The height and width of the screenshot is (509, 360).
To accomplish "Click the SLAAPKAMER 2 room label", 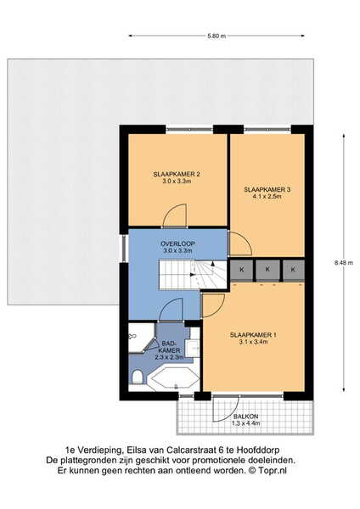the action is click(177, 174).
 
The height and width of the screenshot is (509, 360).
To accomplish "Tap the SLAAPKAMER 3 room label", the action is click(267, 189).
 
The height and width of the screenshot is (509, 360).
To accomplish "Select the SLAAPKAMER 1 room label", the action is click(253, 335).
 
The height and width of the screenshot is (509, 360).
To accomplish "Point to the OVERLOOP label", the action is click(177, 243).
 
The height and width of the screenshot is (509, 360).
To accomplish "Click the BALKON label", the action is click(245, 417).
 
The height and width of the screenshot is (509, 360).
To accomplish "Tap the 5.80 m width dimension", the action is click(217, 36).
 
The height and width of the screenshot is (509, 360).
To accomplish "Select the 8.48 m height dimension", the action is click(343, 263).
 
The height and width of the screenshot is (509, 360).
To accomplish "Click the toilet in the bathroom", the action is click(138, 377).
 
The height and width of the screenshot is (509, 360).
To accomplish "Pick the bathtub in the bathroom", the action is click(173, 378).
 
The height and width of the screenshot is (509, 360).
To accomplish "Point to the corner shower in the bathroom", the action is click(141, 338).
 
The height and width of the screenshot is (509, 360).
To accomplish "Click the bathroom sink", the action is click(193, 348).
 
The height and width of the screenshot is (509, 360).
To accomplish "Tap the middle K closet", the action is click(267, 270).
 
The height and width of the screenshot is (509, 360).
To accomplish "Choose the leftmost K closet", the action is click(242, 270).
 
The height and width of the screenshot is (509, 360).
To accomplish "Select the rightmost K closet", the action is click(294, 270).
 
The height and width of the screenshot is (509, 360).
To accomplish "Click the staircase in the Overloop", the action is click(193, 274).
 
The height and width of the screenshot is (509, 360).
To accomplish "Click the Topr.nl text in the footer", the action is click(273, 471).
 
